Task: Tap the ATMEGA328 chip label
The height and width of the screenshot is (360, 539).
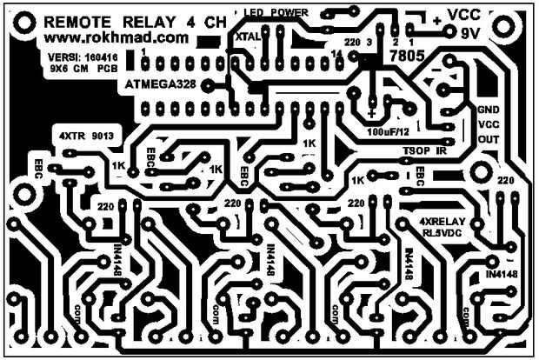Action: coord(161,85)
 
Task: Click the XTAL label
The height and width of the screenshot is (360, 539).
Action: coord(248,37)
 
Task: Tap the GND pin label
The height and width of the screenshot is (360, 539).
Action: coord(488,110)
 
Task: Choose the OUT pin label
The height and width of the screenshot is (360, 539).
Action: coord(489,138)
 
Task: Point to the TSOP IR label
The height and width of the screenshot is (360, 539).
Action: coord(424,150)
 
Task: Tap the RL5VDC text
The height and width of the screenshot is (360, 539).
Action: coord(443,233)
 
